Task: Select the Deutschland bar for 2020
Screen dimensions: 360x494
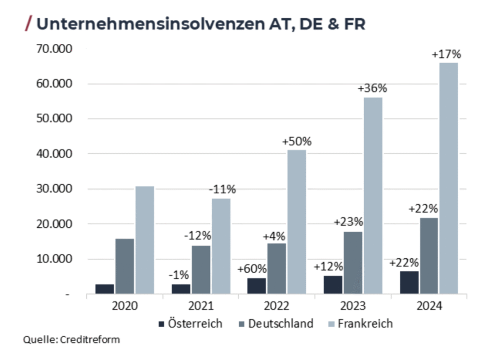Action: pyautogui.click(x=124, y=266)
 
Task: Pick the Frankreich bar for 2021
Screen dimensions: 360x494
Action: pyautogui.click(x=220, y=246)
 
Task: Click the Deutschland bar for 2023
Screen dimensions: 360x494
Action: pyautogui.click(x=353, y=263)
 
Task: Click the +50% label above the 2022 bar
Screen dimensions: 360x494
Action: pyautogui.click(x=297, y=142)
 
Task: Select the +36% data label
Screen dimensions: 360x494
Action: pyautogui.click(x=372, y=89)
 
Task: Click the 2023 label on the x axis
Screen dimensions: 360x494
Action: pyautogui.click(x=353, y=306)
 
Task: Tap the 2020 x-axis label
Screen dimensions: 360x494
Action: pyautogui.click(x=124, y=306)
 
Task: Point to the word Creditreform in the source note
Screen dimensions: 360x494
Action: pyautogui.click(x=90, y=340)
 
